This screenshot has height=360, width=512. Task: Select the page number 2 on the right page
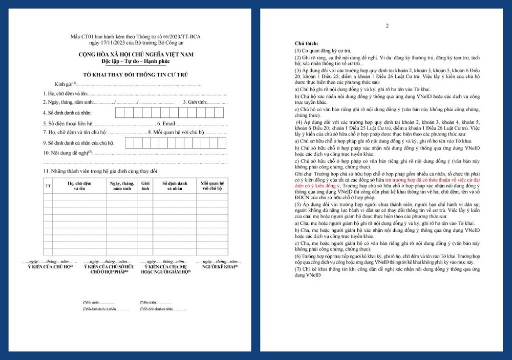pyautogui.click(x=387, y=26)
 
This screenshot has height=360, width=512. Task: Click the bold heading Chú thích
pyautogui.click(x=306, y=45)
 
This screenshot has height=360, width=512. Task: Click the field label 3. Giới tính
pyautogui.click(x=195, y=102)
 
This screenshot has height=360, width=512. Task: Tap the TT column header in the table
pyautogui.click(x=48, y=185)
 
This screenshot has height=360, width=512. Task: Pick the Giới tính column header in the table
pyautogui.click(x=145, y=185)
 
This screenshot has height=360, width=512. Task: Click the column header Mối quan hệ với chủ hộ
pyautogui.click(x=212, y=185)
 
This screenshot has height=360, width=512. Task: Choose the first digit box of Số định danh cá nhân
pyautogui.click(x=121, y=112)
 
